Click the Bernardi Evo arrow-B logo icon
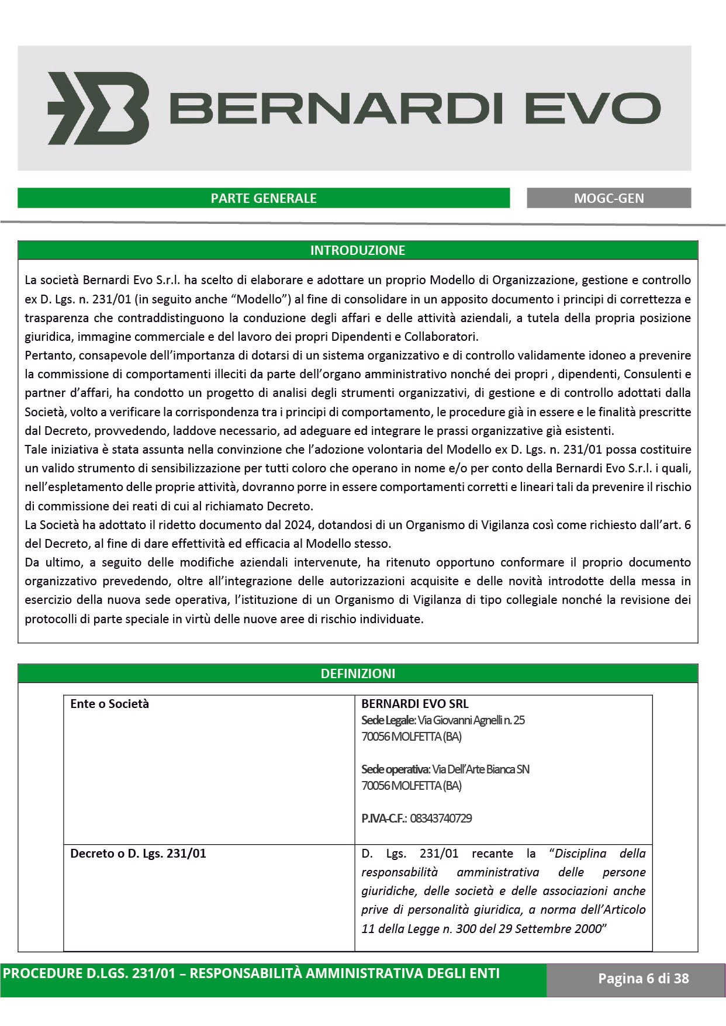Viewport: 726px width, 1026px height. [x=98, y=108]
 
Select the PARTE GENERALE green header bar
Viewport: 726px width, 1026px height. [x=264, y=198]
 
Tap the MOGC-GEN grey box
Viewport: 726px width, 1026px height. [x=609, y=198]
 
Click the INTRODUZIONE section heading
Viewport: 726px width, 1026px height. [x=357, y=250]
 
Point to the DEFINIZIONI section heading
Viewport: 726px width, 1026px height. [x=357, y=673]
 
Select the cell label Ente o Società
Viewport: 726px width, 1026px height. [x=109, y=704]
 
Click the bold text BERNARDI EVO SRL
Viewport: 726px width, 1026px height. [x=414, y=704]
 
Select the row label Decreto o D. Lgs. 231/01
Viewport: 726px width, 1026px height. [x=138, y=854]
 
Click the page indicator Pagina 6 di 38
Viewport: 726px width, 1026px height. [x=643, y=978]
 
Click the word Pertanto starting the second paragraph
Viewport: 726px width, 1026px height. [x=49, y=355]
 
